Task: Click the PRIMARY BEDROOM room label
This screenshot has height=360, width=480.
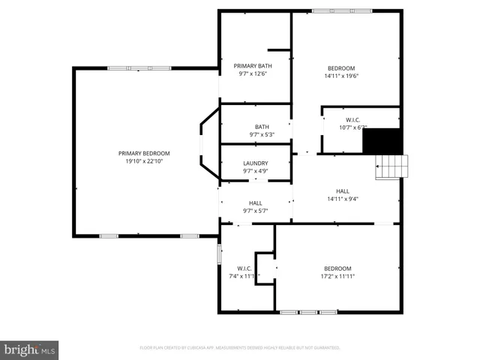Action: point(144,153)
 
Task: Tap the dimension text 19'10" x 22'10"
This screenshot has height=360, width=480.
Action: point(144,161)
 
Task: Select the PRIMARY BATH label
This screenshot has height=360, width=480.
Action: point(253,66)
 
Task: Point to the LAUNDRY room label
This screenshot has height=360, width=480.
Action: point(255,163)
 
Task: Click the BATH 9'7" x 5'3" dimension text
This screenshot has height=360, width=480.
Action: point(262,135)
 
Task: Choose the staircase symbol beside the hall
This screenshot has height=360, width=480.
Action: point(393,166)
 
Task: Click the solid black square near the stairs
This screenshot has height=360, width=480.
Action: point(382,140)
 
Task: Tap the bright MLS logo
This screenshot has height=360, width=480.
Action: point(30,349)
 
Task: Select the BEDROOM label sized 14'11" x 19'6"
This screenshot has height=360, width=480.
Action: point(340,68)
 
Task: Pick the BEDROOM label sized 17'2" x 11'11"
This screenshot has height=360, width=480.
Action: point(337,268)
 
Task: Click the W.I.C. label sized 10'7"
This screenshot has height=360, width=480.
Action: point(353,120)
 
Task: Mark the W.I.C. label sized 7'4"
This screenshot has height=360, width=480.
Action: point(244,268)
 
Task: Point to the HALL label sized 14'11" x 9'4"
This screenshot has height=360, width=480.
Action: point(343,191)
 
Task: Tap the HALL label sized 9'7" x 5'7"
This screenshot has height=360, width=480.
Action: point(255,203)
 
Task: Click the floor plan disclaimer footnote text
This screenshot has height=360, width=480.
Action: point(240,348)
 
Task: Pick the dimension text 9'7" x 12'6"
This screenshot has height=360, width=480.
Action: point(253,73)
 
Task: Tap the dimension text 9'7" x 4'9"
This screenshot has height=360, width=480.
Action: point(255,171)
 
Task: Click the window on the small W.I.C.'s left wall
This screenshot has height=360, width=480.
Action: point(219,253)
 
